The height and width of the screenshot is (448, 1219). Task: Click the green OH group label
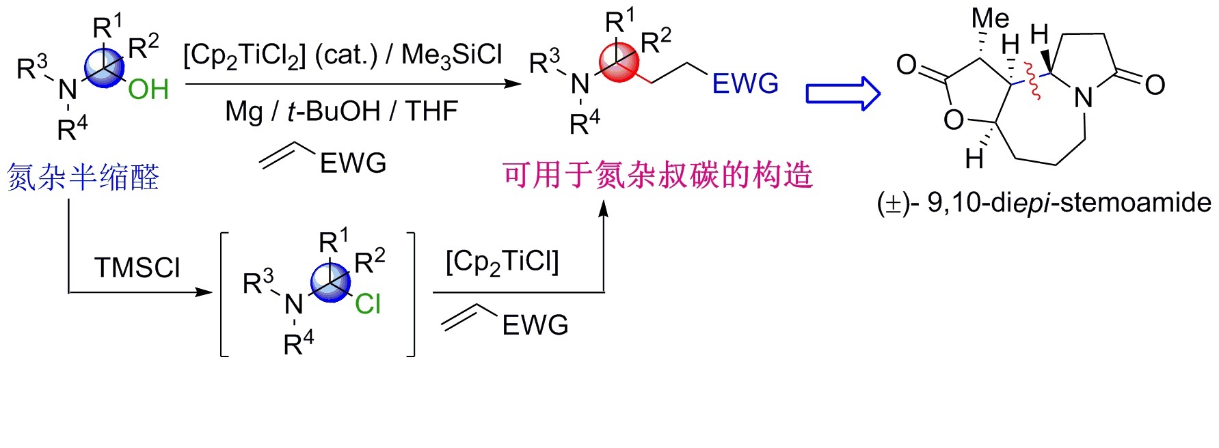pyautogui.click(x=148, y=89)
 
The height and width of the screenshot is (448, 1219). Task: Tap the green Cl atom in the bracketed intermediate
pyautogui.click(x=368, y=304)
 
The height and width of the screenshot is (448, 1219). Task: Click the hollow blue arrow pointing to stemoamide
pyautogui.click(x=842, y=93)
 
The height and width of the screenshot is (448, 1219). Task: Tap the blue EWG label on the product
pyautogui.click(x=745, y=84)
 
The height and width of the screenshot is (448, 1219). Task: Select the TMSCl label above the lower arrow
pyautogui.click(x=137, y=268)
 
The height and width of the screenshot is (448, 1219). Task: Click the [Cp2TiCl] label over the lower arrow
pyautogui.click(x=503, y=262)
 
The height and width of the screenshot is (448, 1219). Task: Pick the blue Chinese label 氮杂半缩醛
pyautogui.click(x=83, y=178)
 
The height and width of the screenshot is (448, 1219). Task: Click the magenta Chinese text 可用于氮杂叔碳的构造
pyautogui.click(x=658, y=175)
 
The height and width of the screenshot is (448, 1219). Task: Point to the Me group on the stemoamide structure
pyautogui.click(x=990, y=18)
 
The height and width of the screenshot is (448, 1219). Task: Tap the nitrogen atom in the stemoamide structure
pyautogui.click(x=1084, y=98)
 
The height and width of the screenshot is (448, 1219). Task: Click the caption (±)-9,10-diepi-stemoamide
pyautogui.click(x=1044, y=203)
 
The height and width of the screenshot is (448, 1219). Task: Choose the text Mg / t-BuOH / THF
pyautogui.click(x=341, y=111)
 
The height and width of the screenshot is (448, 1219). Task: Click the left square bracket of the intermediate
pyautogui.click(x=224, y=294)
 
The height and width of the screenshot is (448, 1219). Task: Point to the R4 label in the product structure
pyautogui.click(x=585, y=122)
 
